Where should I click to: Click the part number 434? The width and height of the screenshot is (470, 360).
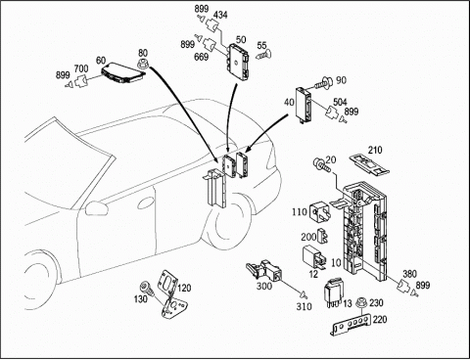pos(220,16)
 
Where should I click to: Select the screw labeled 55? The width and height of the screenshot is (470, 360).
pos(263,55)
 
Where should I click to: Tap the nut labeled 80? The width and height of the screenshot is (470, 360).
pos(143,65)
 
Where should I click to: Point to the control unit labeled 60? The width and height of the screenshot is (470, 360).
pos(123,72)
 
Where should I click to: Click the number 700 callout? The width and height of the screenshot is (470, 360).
pos(81,68)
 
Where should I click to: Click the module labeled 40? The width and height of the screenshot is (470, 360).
pos(304,106)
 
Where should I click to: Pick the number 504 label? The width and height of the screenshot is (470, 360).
pos(340,103)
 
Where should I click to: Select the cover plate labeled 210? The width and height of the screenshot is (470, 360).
pos(369,163)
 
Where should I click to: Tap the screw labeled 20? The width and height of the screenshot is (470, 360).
pos(321,164)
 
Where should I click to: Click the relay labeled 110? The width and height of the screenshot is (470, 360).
pos(320,211)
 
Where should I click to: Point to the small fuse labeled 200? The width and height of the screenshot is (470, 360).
pos(322,237)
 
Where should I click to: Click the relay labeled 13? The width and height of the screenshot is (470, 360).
pos(333,292)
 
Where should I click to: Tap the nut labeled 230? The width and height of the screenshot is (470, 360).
pos(361,302)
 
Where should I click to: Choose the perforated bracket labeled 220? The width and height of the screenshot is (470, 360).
pos(352,324)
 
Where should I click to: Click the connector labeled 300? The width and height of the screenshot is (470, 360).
pos(264,270)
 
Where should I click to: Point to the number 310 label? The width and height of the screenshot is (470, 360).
pos(304,307)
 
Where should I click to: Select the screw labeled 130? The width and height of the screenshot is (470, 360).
pos(146,289)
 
